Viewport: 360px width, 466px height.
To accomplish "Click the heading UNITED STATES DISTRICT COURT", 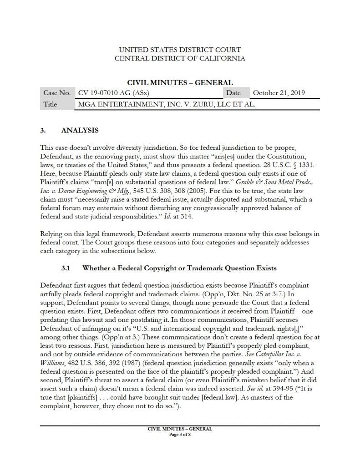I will click(180, 49).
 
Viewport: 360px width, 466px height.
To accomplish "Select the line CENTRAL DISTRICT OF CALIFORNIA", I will click(180, 58).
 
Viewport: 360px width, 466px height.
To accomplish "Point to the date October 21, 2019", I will click(279, 93).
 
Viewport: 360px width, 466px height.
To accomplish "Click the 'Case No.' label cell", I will click(56, 93).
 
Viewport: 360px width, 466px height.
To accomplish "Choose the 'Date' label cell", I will click(237, 93).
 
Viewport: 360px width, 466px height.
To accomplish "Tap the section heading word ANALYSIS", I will click(80, 131).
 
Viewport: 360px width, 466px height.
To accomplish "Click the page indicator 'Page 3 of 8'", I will click(180, 434).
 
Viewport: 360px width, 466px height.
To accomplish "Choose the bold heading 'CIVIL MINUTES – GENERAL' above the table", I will click(180, 82).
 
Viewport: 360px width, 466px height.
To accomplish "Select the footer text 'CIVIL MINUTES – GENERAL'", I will click(180, 429).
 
